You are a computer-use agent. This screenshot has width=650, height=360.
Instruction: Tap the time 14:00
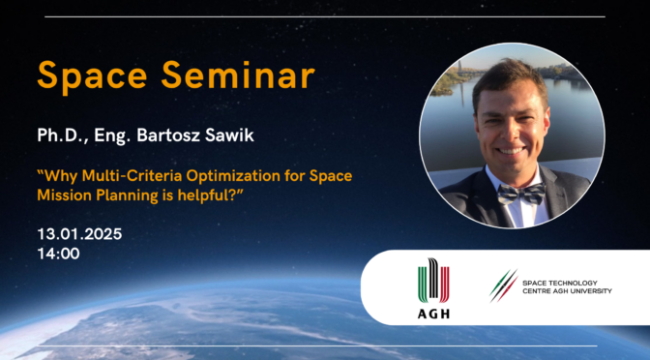click(x=58, y=254)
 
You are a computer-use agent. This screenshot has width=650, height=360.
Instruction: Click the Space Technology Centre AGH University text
click(x=567, y=286)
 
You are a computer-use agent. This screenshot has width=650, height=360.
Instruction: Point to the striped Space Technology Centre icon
click(x=503, y=285)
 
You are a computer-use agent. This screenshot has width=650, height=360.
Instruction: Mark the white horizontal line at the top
click(x=324, y=16)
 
